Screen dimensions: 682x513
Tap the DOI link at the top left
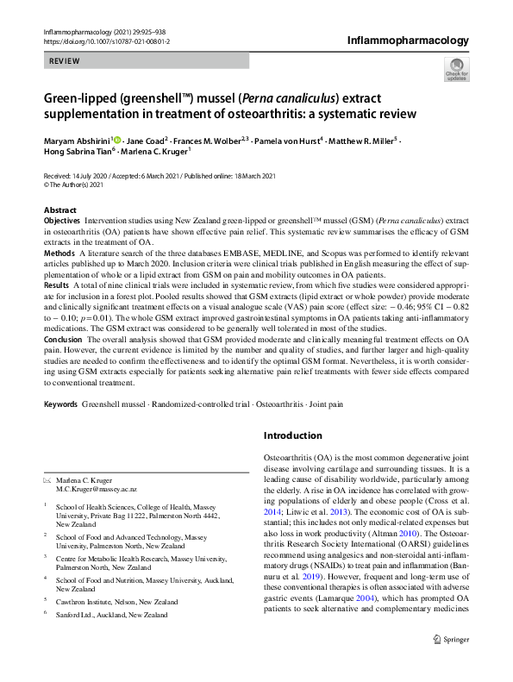point(106,41)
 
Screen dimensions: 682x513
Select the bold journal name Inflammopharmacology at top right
point(408,40)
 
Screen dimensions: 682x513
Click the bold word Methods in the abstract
point(59,253)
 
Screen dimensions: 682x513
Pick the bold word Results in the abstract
point(57,284)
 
